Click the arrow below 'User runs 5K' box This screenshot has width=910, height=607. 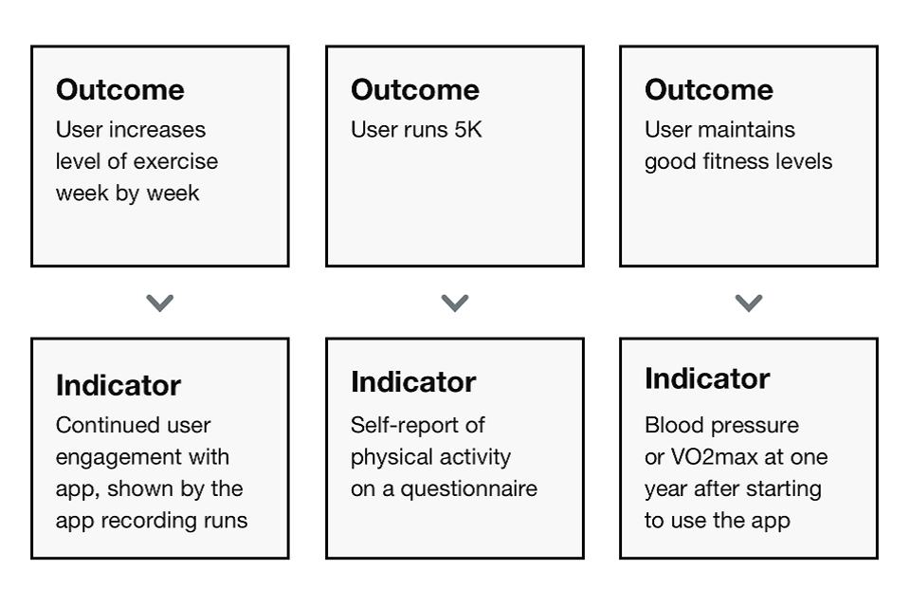point(454,303)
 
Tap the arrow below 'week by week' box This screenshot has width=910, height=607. point(159,303)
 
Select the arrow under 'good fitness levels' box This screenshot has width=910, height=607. point(749,303)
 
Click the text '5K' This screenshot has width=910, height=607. point(467,130)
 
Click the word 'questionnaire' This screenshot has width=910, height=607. point(469,489)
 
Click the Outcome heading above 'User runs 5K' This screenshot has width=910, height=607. point(415,90)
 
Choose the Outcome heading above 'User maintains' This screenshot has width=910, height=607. point(709,90)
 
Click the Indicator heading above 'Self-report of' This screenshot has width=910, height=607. point(413,382)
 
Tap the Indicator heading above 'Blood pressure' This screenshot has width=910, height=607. point(707,378)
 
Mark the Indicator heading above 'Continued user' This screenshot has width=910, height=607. point(118,385)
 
